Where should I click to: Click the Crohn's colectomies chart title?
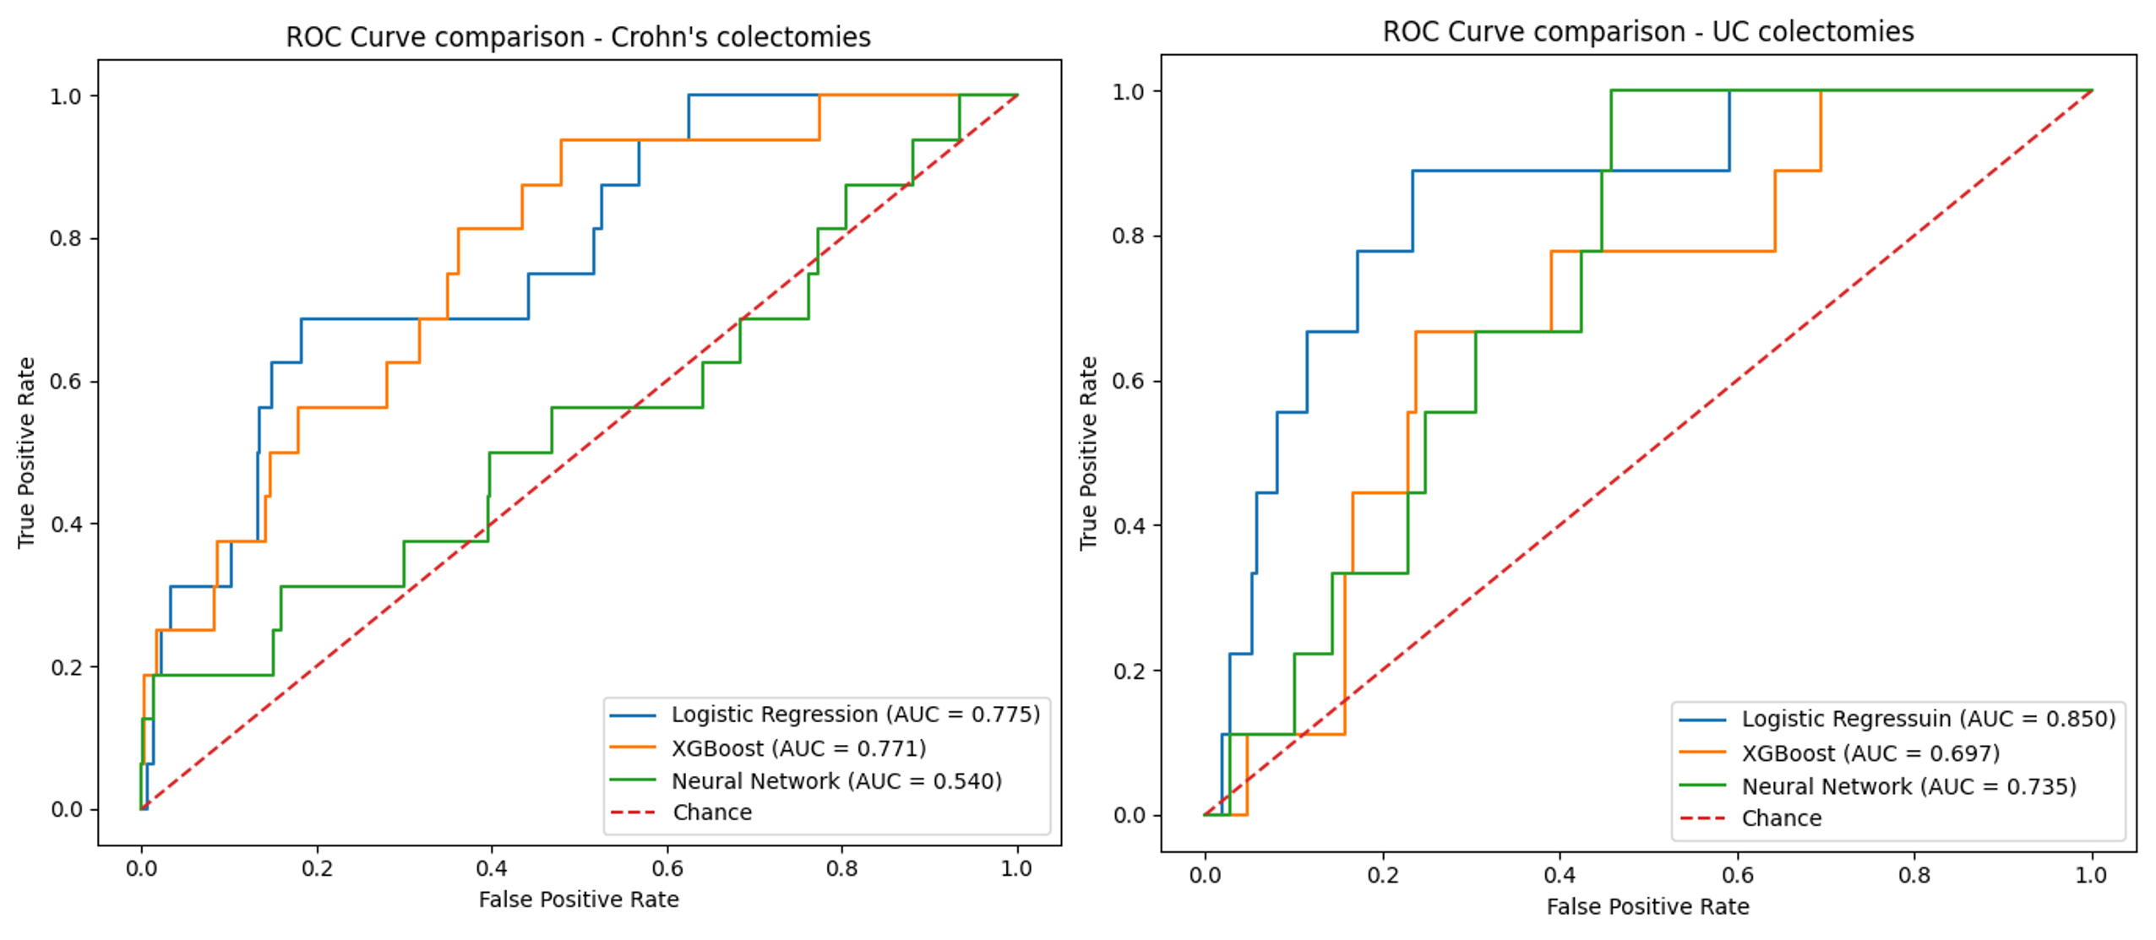(x=578, y=37)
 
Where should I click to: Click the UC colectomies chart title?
(x=1647, y=32)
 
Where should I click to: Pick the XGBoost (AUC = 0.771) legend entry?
(x=798, y=748)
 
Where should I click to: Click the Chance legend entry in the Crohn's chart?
(x=711, y=812)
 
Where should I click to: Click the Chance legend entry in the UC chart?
(x=1781, y=818)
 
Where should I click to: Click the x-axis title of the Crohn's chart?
(x=579, y=899)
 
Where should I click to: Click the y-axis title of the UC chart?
(x=1088, y=453)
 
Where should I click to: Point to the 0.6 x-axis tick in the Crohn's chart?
(x=667, y=868)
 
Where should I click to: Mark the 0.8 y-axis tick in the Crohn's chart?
(x=66, y=238)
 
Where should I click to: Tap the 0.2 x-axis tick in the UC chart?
(x=1382, y=874)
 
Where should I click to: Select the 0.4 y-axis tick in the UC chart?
(x=1129, y=525)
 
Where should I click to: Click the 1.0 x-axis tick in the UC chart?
(x=2091, y=874)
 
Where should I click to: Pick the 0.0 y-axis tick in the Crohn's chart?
(x=66, y=809)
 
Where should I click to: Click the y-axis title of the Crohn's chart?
(x=26, y=453)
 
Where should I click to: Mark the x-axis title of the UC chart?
(x=1647, y=906)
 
